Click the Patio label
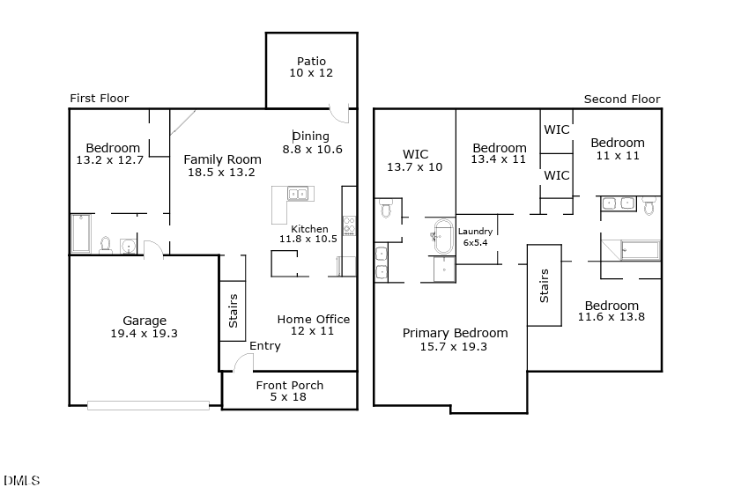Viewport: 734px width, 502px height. pos(311,62)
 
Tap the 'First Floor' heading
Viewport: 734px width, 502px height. pos(99,99)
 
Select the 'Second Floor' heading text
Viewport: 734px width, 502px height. pos(621,100)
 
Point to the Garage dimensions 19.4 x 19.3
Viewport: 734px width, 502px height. pos(145,334)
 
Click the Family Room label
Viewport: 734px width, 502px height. pos(222,159)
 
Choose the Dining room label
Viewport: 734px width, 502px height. pos(311,137)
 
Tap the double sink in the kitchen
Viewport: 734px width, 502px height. pos(297,193)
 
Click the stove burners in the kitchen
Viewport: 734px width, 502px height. pos(349,225)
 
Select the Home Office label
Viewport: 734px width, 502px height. pos(314,319)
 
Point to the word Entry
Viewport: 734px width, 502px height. pos(264,346)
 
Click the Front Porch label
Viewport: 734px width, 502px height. pos(289,385)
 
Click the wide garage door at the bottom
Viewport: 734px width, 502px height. pos(148,405)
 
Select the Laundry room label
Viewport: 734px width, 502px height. pos(475,232)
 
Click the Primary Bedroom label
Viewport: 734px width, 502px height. pos(455,333)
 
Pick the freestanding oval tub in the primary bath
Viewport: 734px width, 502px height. pos(442,236)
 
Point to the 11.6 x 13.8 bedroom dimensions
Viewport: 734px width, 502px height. pos(612,317)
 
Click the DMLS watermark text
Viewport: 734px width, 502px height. pos(22,481)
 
